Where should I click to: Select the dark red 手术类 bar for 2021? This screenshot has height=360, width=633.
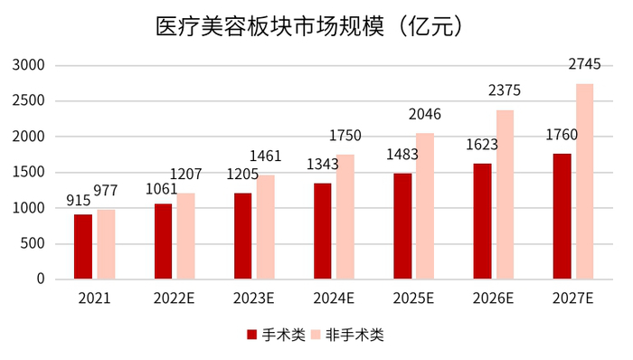(x=83, y=246)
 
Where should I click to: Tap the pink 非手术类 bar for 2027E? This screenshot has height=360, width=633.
(x=584, y=181)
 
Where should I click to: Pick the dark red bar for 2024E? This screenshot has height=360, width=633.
(x=323, y=231)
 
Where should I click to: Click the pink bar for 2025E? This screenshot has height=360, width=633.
(x=424, y=205)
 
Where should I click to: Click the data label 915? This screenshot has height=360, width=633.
(x=78, y=201)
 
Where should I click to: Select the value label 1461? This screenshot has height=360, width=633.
(x=264, y=156)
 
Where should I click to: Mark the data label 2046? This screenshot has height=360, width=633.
(x=424, y=114)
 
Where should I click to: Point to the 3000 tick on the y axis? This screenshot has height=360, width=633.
(x=29, y=65)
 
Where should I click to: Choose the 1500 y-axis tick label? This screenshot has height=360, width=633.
(x=29, y=172)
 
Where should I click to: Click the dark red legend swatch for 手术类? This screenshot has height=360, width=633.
(x=252, y=336)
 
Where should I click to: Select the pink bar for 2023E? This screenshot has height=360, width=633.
(x=265, y=226)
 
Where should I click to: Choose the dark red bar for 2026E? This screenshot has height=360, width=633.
(x=483, y=221)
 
